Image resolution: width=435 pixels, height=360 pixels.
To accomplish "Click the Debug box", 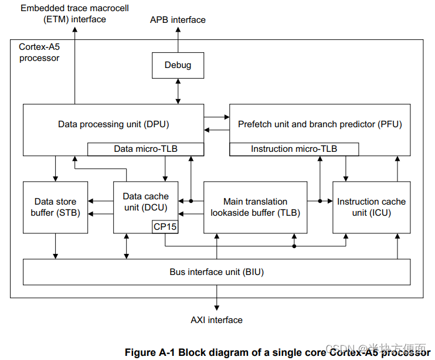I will pos(178,65).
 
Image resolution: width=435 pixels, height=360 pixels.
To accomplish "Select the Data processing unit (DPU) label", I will pos(113,124).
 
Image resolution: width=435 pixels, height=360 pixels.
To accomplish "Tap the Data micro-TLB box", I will pos(145,149).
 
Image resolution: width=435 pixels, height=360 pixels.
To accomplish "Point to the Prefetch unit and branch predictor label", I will pos(320,124).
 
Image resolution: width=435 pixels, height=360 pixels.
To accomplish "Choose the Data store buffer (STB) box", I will pos(55,208).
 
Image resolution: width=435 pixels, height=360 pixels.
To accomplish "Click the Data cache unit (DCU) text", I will pos(145,202).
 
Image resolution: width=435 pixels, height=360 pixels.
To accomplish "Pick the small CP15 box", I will pos(165,227).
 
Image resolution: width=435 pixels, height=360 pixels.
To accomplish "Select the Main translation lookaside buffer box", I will pos(255,208).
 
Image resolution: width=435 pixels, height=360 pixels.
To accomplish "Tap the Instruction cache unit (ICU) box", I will pos(371,208).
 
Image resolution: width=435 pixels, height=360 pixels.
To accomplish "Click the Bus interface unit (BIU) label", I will pos(216,272).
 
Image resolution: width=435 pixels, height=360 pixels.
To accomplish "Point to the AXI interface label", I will pos(216,320).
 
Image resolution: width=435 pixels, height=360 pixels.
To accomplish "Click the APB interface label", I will pos(178,20).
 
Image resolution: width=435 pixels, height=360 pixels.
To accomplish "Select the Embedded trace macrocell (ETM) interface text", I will pos(74,13).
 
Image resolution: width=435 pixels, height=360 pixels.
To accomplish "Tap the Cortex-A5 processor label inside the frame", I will pos(39,52).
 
